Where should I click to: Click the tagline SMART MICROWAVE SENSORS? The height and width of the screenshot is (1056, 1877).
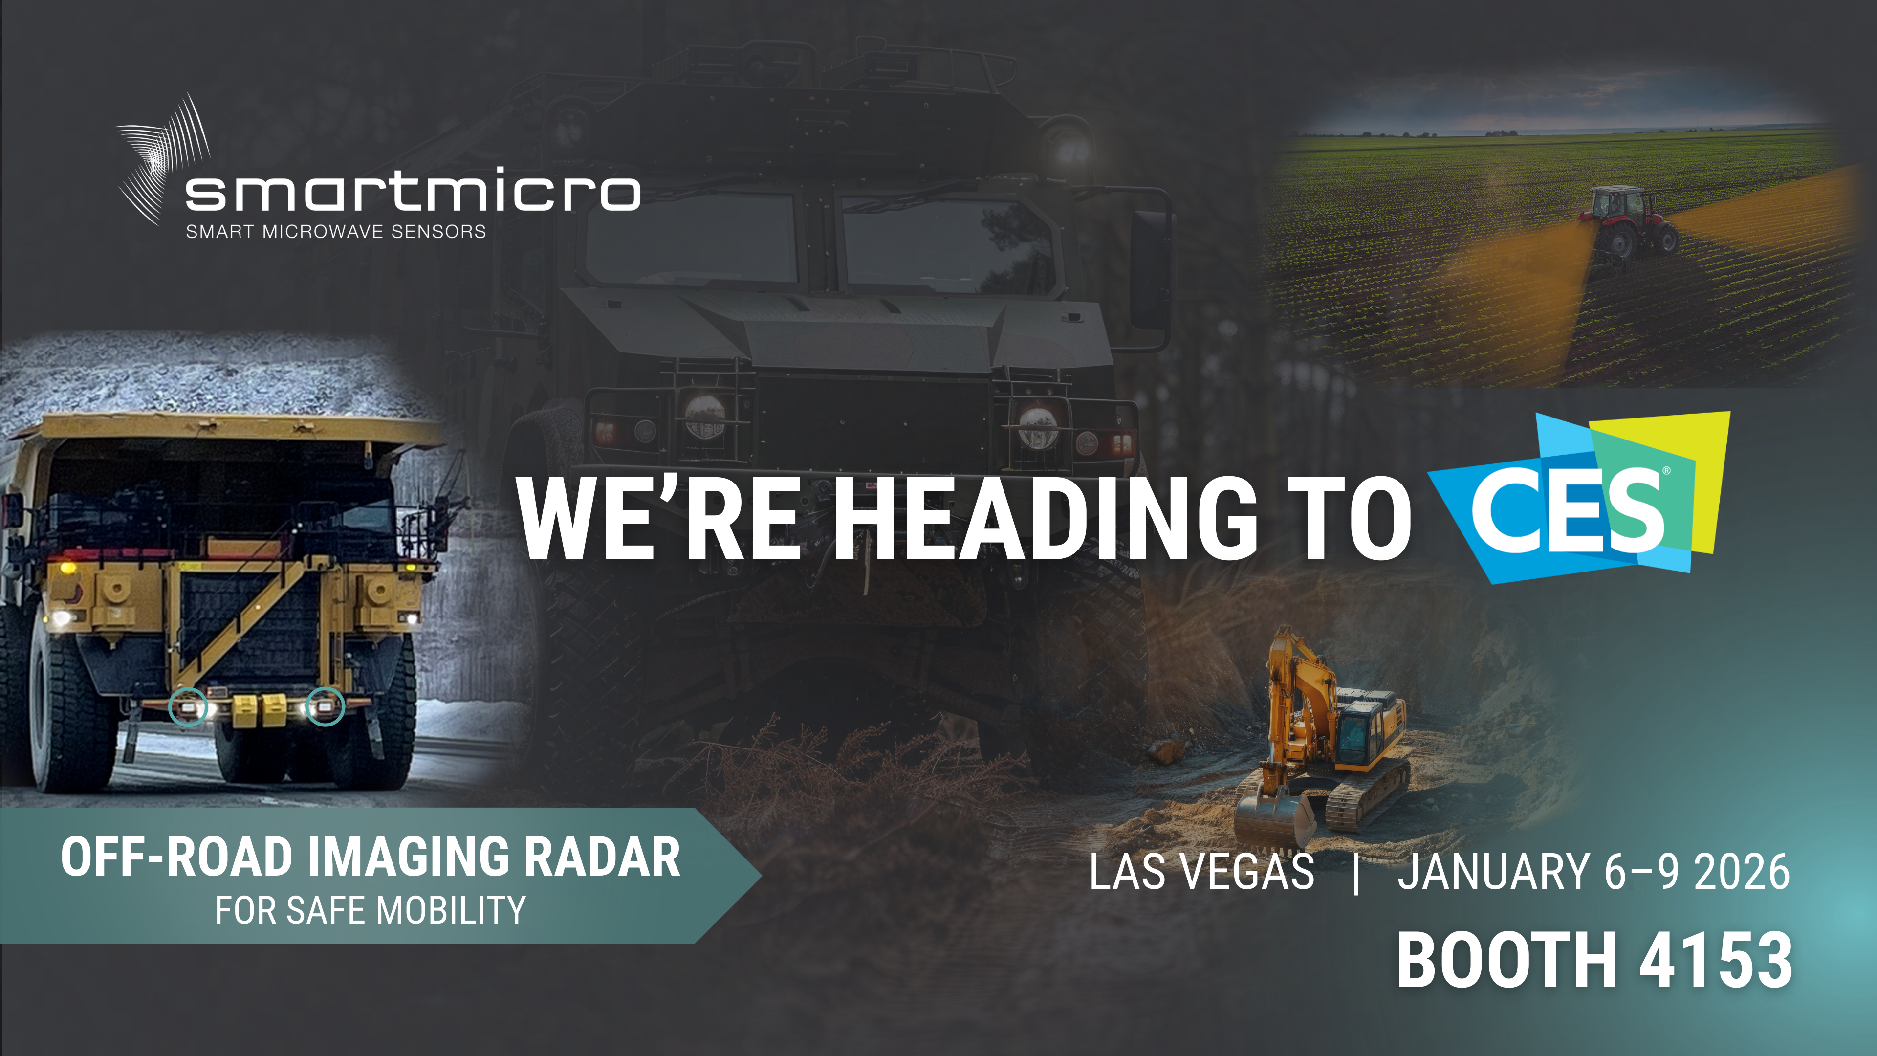click(336, 232)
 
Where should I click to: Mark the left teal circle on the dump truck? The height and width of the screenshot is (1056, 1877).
click(188, 707)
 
